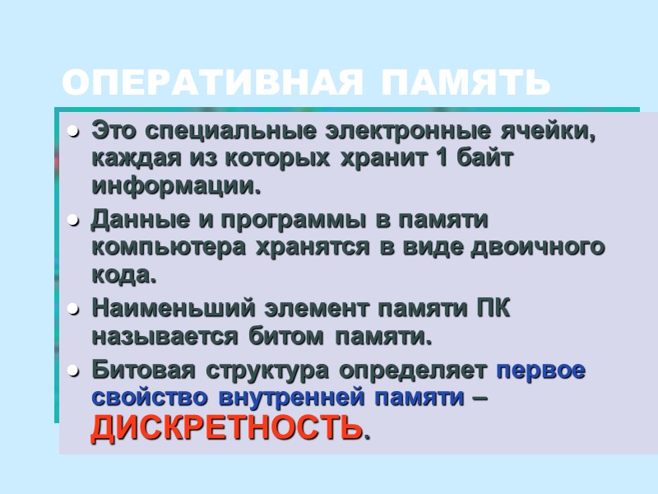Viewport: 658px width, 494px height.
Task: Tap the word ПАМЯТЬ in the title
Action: (465, 83)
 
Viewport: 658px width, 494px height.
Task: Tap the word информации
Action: (175, 186)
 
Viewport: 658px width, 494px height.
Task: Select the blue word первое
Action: (541, 370)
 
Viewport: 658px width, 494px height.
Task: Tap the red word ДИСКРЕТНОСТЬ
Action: (226, 428)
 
